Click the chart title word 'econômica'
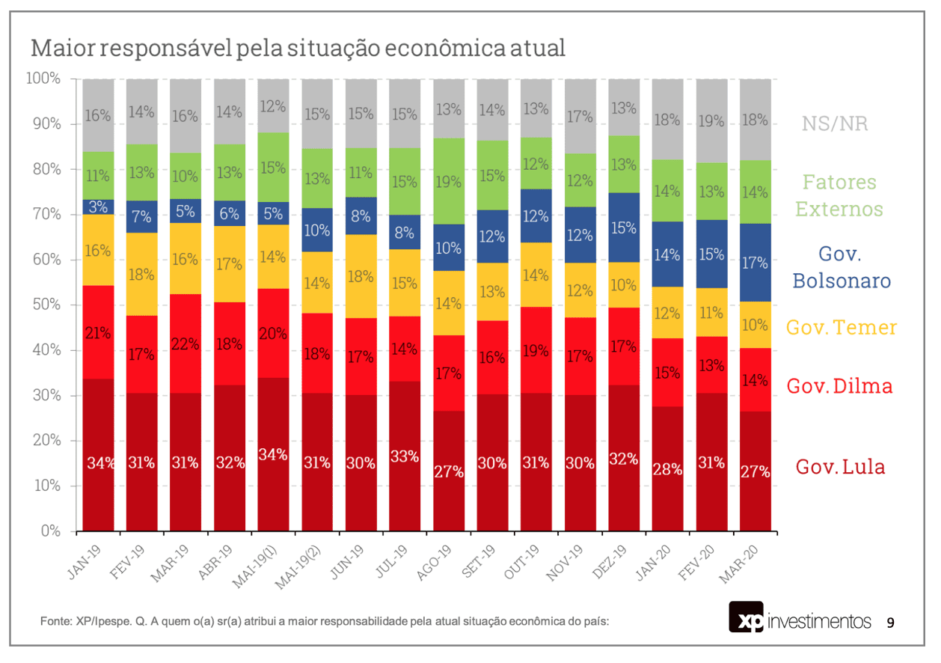(444, 48)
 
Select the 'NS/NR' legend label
(835, 124)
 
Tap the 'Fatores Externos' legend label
(839, 196)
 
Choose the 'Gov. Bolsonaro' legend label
(842, 268)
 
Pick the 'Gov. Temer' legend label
(842, 327)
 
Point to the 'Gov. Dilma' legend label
(839, 386)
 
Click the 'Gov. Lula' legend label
(840, 467)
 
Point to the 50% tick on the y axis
(46, 305)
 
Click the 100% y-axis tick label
(43, 79)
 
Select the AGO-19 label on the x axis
(435, 562)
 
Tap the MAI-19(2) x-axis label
(298, 567)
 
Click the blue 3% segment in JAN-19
(98, 207)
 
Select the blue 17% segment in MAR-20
(755, 263)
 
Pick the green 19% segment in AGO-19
(449, 182)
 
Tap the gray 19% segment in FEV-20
(711, 121)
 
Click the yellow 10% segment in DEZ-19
(624, 285)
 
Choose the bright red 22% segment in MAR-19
(186, 343)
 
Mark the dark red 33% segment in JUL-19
(405, 456)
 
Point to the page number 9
(890, 623)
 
